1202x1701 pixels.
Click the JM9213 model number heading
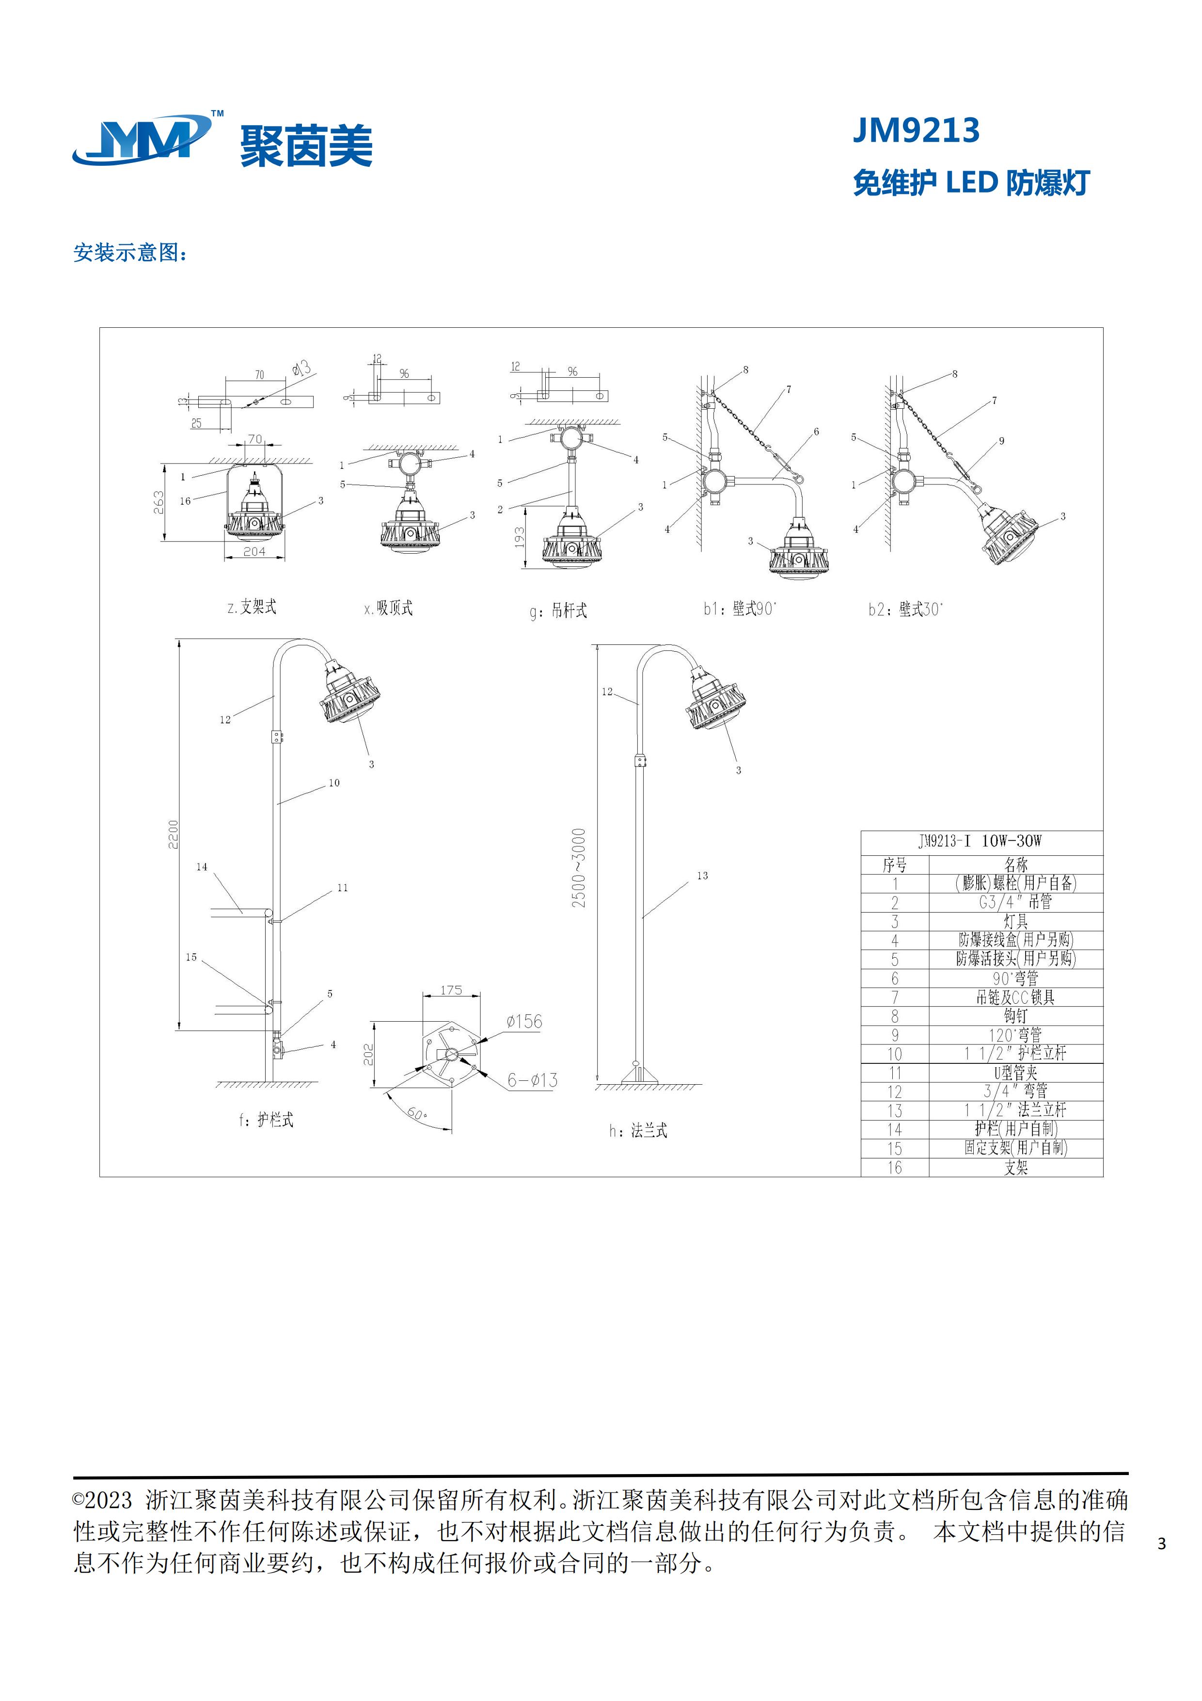916,130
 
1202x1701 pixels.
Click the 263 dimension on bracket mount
158,502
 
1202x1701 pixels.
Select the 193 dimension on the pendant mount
520,537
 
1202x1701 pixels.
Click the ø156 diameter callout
524,1022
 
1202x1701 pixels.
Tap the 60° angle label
416,1113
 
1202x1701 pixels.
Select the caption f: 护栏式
266,1120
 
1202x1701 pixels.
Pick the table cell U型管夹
1015,1073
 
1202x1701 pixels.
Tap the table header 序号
895,865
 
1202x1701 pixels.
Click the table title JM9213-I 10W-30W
981,841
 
